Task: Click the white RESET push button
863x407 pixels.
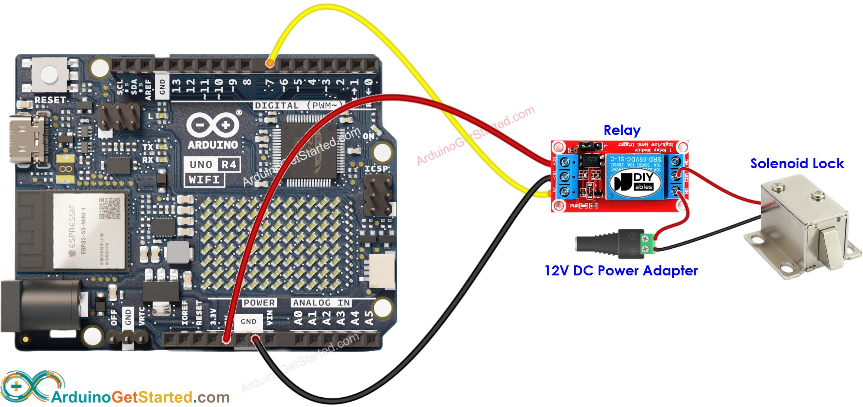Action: (x=49, y=74)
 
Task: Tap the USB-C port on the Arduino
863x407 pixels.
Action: (x=28, y=139)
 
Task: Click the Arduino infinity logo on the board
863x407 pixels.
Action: (x=213, y=125)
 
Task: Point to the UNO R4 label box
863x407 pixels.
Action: (x=212, y=165)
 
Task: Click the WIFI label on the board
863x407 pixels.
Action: (x=204, y=180)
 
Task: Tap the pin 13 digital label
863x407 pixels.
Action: (x=177, y=86)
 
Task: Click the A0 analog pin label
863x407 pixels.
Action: (x=298, y=318)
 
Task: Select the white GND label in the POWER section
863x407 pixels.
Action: (x=248, y=321)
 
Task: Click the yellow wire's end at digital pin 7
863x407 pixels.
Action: (x=270, y=64)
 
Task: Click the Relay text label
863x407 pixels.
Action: (x=622, y=130)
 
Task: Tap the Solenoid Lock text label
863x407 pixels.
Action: (x=797, y=163)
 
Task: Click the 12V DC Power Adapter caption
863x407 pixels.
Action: (x=621, y=271)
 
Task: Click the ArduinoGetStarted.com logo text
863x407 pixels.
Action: (x=140, y=397)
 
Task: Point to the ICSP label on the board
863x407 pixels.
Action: (x=376, y=169)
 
